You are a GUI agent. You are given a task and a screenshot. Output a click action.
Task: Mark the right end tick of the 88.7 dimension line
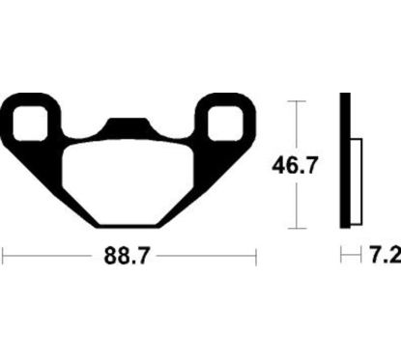tap(254, 259)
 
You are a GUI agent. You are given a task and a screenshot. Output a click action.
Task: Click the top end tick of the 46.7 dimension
tap(295, 99)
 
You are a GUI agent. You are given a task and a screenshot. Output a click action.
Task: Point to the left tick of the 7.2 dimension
tap(339, 258)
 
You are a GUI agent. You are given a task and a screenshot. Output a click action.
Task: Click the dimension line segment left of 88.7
tap(53, 259)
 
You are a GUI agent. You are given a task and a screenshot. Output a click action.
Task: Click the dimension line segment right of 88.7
tap(203, 259)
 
